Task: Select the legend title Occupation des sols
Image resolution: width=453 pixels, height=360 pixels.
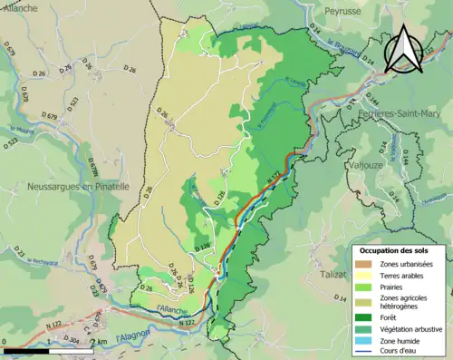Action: (400, 249)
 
